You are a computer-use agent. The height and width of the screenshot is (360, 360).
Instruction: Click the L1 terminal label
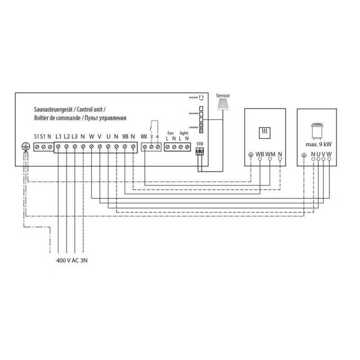pyautogui.click(x=59, y=137)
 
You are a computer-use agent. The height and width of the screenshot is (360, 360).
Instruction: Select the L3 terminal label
pyautogui.click(x=75, y=137)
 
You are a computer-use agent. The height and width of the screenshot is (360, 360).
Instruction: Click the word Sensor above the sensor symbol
pyautogui.click(x=222, y=96)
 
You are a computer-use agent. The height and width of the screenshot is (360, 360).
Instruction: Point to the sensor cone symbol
pyautogui.click(x=222, y=105)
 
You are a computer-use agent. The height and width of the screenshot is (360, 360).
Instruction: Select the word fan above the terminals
pyautogui.click(x=171, y=133)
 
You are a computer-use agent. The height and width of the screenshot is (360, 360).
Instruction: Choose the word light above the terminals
pyautogui.click(x=184, y=133)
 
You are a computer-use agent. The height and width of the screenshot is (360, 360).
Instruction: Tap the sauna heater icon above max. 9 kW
pyautogui.click(x=316, y=131)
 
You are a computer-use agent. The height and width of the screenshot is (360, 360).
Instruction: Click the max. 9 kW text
pyautogui.click(x=316, y=145)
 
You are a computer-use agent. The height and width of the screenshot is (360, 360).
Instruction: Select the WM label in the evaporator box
pyautogui.click(x=270, y=154)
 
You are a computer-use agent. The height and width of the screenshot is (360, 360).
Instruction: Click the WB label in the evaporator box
pyautogui.click(x=260, y=154)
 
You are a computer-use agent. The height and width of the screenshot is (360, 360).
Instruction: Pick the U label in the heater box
pyautogui.click(x=318, y=154)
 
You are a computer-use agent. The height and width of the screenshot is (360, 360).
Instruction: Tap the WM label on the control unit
pyautogui.click(x=144, y=137)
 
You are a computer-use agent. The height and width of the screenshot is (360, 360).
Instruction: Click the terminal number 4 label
pyautogui.click(x=158, y=137)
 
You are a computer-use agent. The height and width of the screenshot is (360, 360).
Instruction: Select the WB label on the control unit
pyautogui.click(x=125, y=137)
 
